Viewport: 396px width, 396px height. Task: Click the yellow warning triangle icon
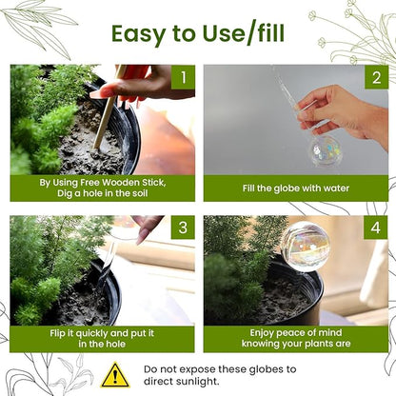(x=115, y=374)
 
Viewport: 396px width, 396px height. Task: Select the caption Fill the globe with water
(x=295, y=188)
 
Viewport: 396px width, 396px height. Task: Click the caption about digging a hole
(x=102, y=188)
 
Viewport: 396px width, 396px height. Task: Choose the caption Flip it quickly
(x=102, y=339)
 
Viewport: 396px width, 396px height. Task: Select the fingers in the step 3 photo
(x=146, y=227)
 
